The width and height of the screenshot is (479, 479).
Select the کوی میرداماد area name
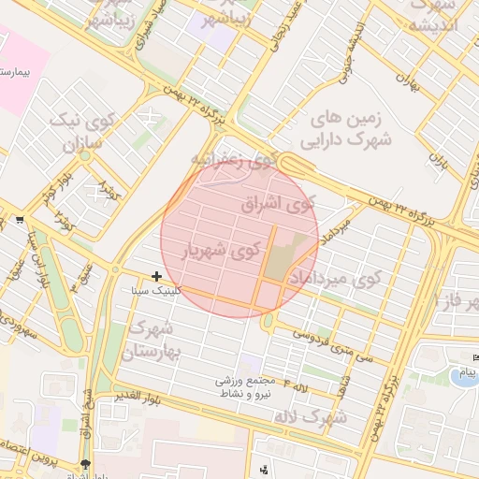(x=346, y=279)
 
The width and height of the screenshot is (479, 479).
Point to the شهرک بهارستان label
(x=150, y=341)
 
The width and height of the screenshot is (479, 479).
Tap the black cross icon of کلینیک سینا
(x=156, y=276)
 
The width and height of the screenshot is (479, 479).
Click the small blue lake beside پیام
(x=461, y=377)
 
